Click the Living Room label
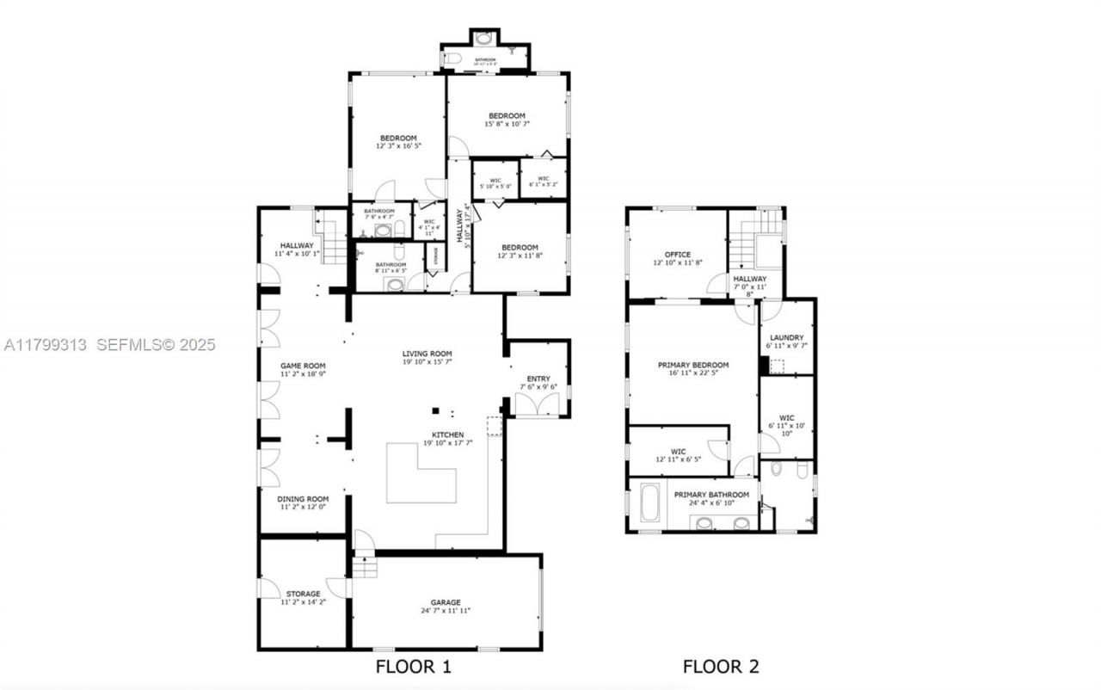tap(427, 354)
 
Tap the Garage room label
tap(446, 602)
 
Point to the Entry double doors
tap(538, 404)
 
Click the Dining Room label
tap(303, 499)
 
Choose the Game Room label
tap(303, 366)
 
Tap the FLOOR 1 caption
tap(413, 666)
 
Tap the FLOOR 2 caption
tap(721, 666)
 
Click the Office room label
tap(678, 255)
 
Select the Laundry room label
tap(787, 337)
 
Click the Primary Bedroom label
tap(693, 365)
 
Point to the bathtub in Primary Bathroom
tap(649, 503)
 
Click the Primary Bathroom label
tap(710, 495)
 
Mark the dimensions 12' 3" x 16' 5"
tap(398, 146)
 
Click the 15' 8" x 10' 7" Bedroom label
tap(507, 116)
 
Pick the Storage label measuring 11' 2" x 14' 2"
tap(303, 594)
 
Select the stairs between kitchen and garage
tap(365, 567)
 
